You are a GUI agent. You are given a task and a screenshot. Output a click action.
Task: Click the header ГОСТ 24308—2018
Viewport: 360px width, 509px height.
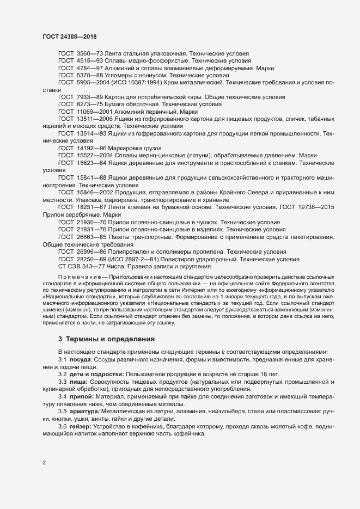70,36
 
